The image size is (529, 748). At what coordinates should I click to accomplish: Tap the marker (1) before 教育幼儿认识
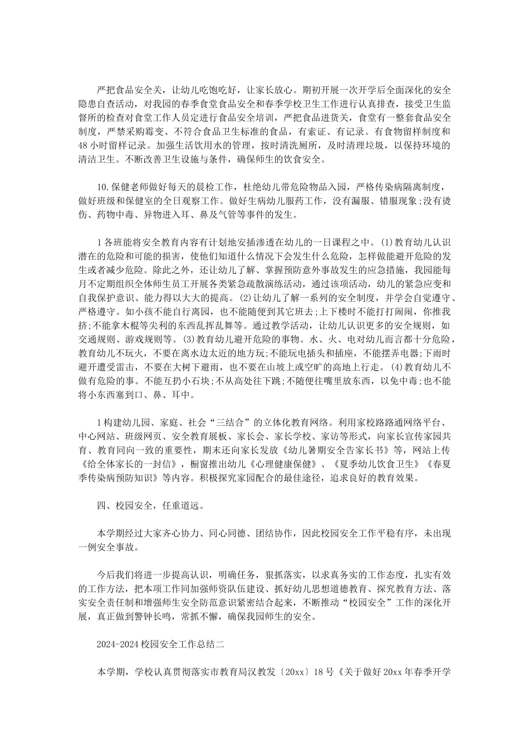tap(386, 242)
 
